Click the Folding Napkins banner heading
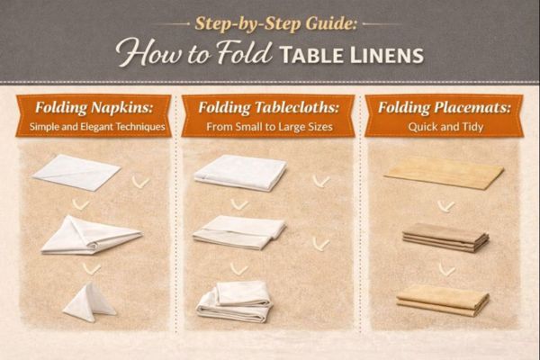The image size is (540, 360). point(93,108)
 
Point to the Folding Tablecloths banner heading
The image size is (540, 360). point(267,108)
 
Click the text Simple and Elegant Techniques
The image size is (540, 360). point(93,127)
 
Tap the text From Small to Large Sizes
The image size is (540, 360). point(267,127)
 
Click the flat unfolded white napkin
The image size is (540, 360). point(76,171)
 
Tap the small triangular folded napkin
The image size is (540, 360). point(88,301)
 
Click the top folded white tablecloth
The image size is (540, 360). point(240,172)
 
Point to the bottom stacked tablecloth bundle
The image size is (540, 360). point(236,301)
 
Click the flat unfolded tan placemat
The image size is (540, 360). point(444,171)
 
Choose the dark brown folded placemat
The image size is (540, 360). point(445,236)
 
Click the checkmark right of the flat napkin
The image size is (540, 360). point(140,182)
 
